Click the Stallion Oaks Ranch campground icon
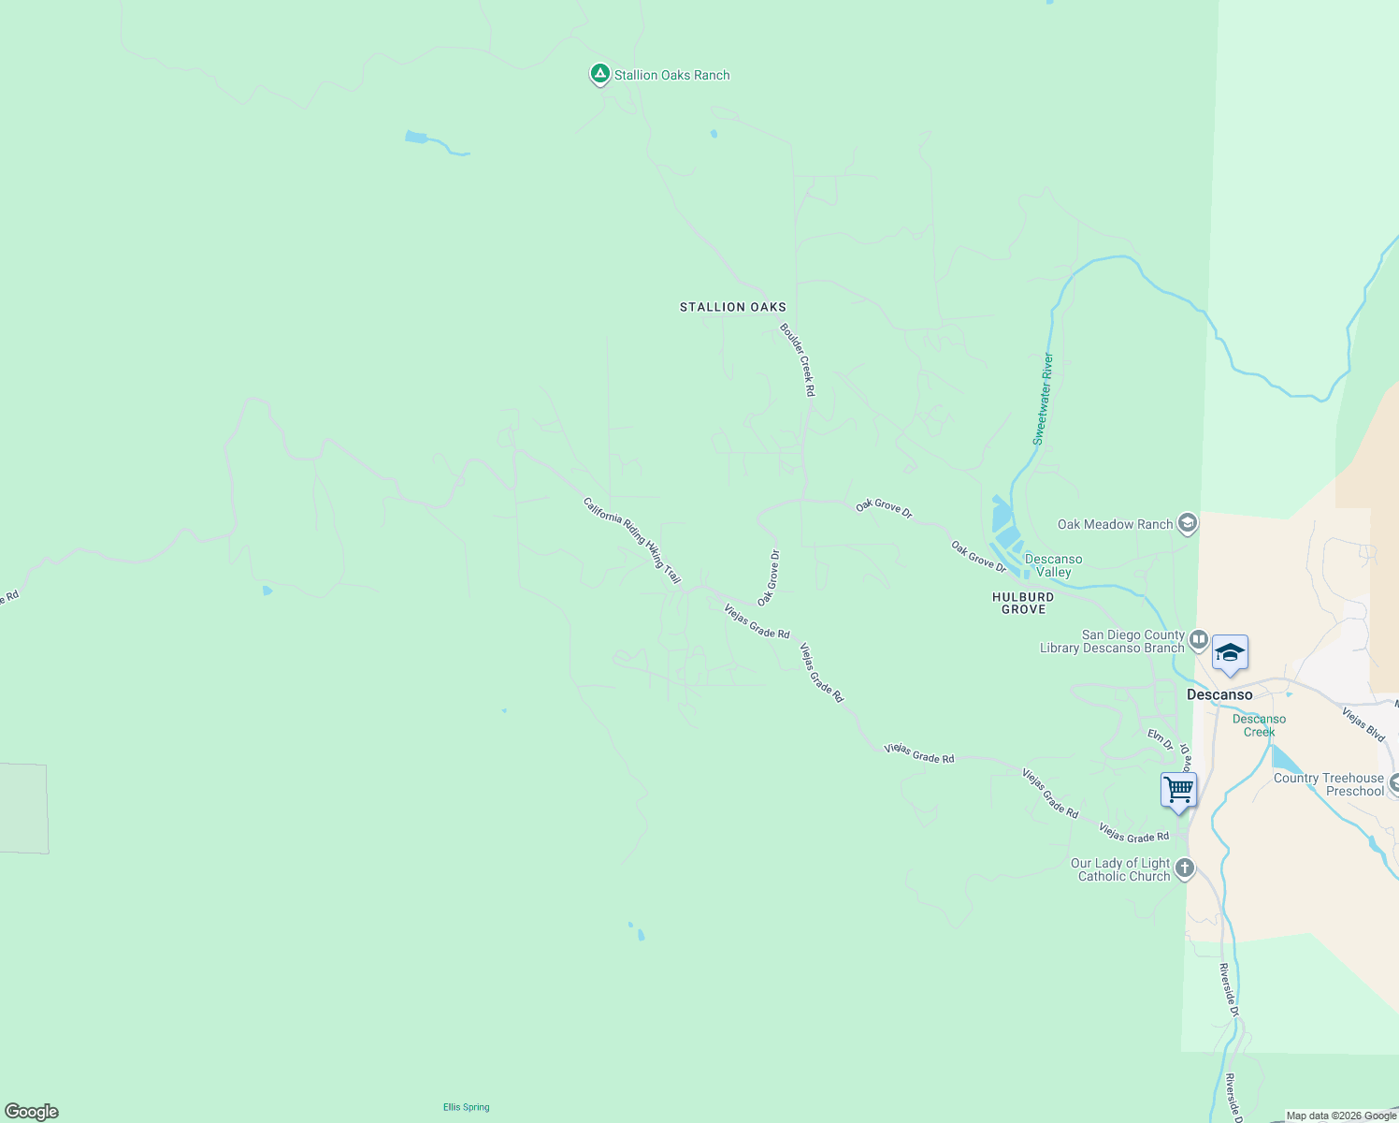[599, 74]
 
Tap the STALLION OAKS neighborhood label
[732, 307]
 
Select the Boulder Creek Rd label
[798, 359]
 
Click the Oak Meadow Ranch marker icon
[1188, 523]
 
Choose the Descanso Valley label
[1053, 565]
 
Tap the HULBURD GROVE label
[1023, 603]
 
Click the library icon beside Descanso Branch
[1198, 641]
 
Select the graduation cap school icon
[1230, 653]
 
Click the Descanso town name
[1219, 694]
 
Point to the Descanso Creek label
[1259, 725]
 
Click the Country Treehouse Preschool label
[1328, 784]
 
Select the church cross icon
[1184, 868]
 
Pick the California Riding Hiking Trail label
[631, 540]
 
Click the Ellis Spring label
[466, 1107]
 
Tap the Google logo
[31, 1112]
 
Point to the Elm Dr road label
[1160, 739]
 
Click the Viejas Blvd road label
[1363, 724]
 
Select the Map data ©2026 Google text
[1340, 1116]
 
